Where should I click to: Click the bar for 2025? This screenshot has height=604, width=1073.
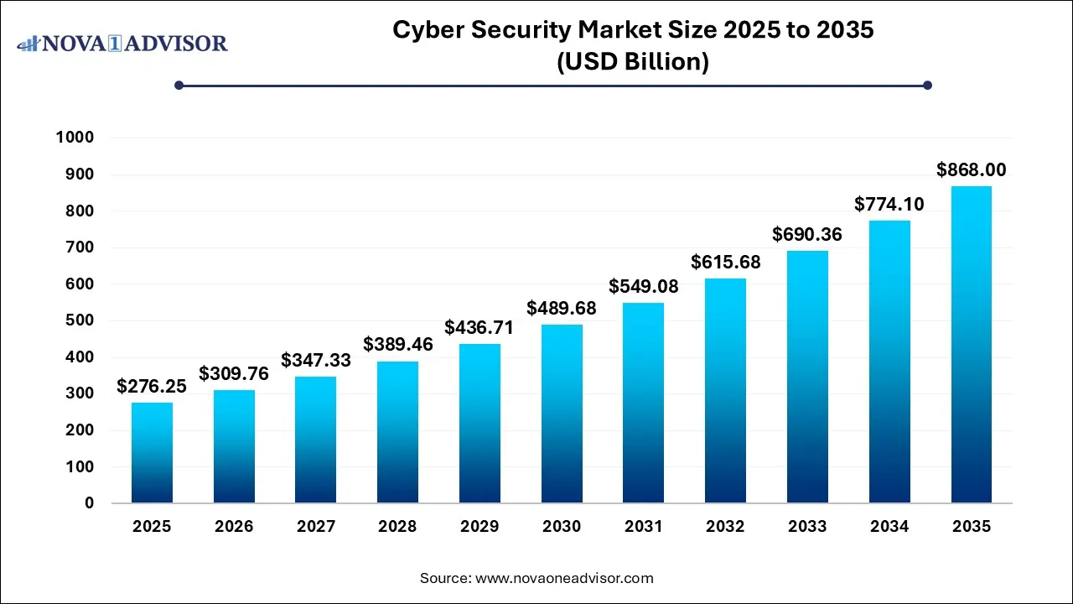coord(152,453)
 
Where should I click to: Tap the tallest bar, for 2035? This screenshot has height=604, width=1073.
coord(972,344)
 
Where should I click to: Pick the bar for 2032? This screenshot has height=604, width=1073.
coord(725,391)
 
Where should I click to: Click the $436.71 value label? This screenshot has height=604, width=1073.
coord(479,327)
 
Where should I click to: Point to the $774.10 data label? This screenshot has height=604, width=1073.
coord(889,204)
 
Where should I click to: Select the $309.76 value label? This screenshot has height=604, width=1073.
coord(233,373)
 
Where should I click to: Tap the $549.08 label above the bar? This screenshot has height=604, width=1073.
coord(643,286)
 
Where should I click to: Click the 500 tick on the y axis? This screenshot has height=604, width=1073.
coord(80,320)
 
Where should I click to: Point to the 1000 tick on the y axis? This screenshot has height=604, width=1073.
coord(75,138)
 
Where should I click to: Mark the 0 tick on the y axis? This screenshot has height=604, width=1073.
coord(89,503)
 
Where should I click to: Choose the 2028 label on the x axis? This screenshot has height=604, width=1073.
coord(397,527)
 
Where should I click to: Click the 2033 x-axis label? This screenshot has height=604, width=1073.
coord(807,527)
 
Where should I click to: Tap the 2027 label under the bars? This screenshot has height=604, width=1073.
coord(315,527)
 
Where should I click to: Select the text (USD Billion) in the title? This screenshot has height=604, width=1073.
coord(633,62)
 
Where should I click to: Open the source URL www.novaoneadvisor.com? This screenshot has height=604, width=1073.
coord(563,578)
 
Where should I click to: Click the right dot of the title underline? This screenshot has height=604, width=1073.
coord(927,85)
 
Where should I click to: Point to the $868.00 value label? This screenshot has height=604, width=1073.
coord(971,170)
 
